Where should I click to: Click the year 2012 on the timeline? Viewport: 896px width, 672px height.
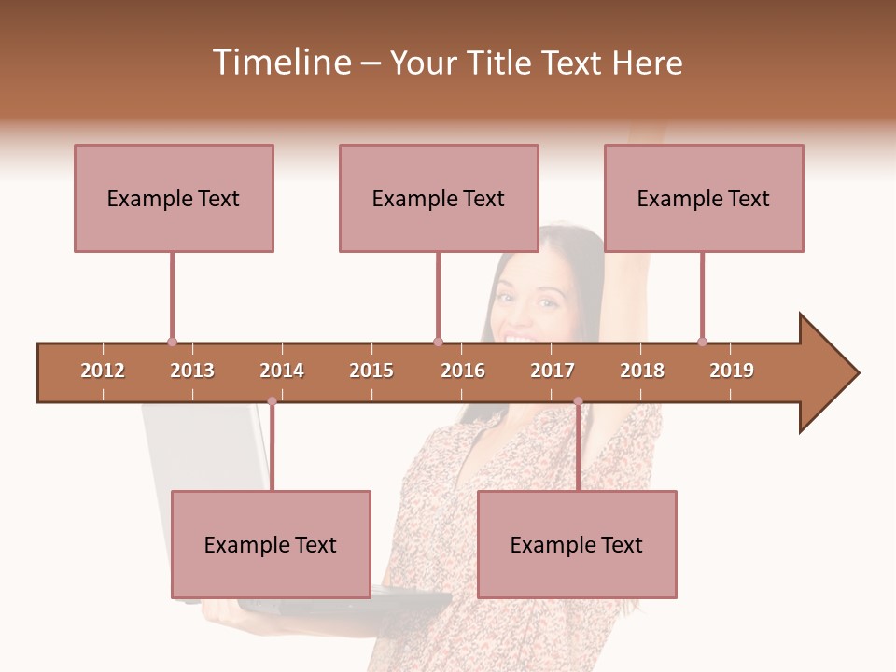point(103,371)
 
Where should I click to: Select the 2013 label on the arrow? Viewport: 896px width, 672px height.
point(192,371)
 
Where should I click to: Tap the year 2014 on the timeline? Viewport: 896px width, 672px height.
point(282,371)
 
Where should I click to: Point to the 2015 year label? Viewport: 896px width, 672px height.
point(371,371)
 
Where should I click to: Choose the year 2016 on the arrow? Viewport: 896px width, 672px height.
point(463,371)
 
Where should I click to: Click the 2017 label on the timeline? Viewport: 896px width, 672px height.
point(553,371)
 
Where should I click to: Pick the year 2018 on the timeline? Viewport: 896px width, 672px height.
point(642,371)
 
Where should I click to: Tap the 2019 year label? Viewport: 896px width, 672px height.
point(732,371)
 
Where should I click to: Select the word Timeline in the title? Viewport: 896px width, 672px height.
point(280,63)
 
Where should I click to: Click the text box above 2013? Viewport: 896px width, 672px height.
point(174,198)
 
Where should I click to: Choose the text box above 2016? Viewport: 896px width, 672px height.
point(439,198)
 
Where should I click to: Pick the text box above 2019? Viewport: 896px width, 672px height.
point(704,198)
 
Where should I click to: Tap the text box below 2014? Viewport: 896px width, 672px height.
point(271,544)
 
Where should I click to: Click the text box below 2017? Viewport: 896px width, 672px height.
point(577,544)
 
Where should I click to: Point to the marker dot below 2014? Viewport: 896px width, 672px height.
point(272,401)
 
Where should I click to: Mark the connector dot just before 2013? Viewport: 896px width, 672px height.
point(172,342)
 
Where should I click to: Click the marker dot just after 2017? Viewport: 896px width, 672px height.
point(578,401)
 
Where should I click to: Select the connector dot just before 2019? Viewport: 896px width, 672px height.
point(702,342)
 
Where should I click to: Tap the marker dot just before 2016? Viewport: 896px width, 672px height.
point(438,342)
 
